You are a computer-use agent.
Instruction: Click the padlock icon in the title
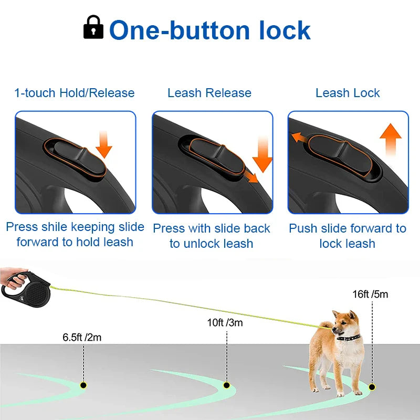click(93, 27)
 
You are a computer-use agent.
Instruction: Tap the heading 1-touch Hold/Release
click(75, 93)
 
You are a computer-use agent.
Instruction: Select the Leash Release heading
click(209, 93)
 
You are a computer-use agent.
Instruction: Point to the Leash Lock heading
click(348, 93)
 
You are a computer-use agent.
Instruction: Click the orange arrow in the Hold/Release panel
click(104, 144)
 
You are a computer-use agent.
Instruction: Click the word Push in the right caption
click(303, 228)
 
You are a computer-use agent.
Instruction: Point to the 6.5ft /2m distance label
click(82, 338)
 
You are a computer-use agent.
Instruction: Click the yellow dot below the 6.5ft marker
click(83, 385)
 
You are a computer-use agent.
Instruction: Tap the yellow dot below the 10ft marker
click(226, 385)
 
